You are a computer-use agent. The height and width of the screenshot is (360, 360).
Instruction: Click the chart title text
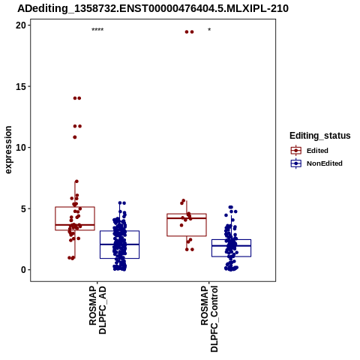(x=153, y=8)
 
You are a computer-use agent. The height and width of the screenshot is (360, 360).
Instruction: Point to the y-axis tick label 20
(x=21, y=25)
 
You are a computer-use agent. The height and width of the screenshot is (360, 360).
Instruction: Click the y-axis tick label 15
(x=21, y=86)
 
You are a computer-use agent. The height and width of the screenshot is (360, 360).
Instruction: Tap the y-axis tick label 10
(x=21, y=148)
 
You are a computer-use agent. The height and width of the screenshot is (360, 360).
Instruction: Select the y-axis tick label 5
(x=23, y=208)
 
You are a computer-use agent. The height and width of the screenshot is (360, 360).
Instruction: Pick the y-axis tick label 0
(x=23, y=270)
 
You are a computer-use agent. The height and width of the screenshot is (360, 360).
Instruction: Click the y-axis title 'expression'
(x=8, y=150)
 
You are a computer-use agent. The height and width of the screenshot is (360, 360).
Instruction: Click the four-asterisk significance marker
(x=97, y=29)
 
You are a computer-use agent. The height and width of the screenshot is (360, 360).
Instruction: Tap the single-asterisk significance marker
(x=209, y=29)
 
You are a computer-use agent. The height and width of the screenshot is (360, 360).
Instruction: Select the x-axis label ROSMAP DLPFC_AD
(x=97, y=310)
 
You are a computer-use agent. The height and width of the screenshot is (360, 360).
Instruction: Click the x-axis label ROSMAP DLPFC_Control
(x=209, y=319)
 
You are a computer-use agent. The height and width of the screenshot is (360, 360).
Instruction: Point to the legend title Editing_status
(x=320, y=136)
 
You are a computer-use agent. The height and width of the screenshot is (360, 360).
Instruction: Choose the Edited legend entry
(x=310, y=151)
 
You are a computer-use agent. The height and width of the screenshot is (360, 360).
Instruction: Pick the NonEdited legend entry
(x=316, y=163)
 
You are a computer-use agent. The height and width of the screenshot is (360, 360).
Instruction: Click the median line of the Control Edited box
(x=187, y=218)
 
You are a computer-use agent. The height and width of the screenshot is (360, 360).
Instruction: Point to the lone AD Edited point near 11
(x=75, y=137)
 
